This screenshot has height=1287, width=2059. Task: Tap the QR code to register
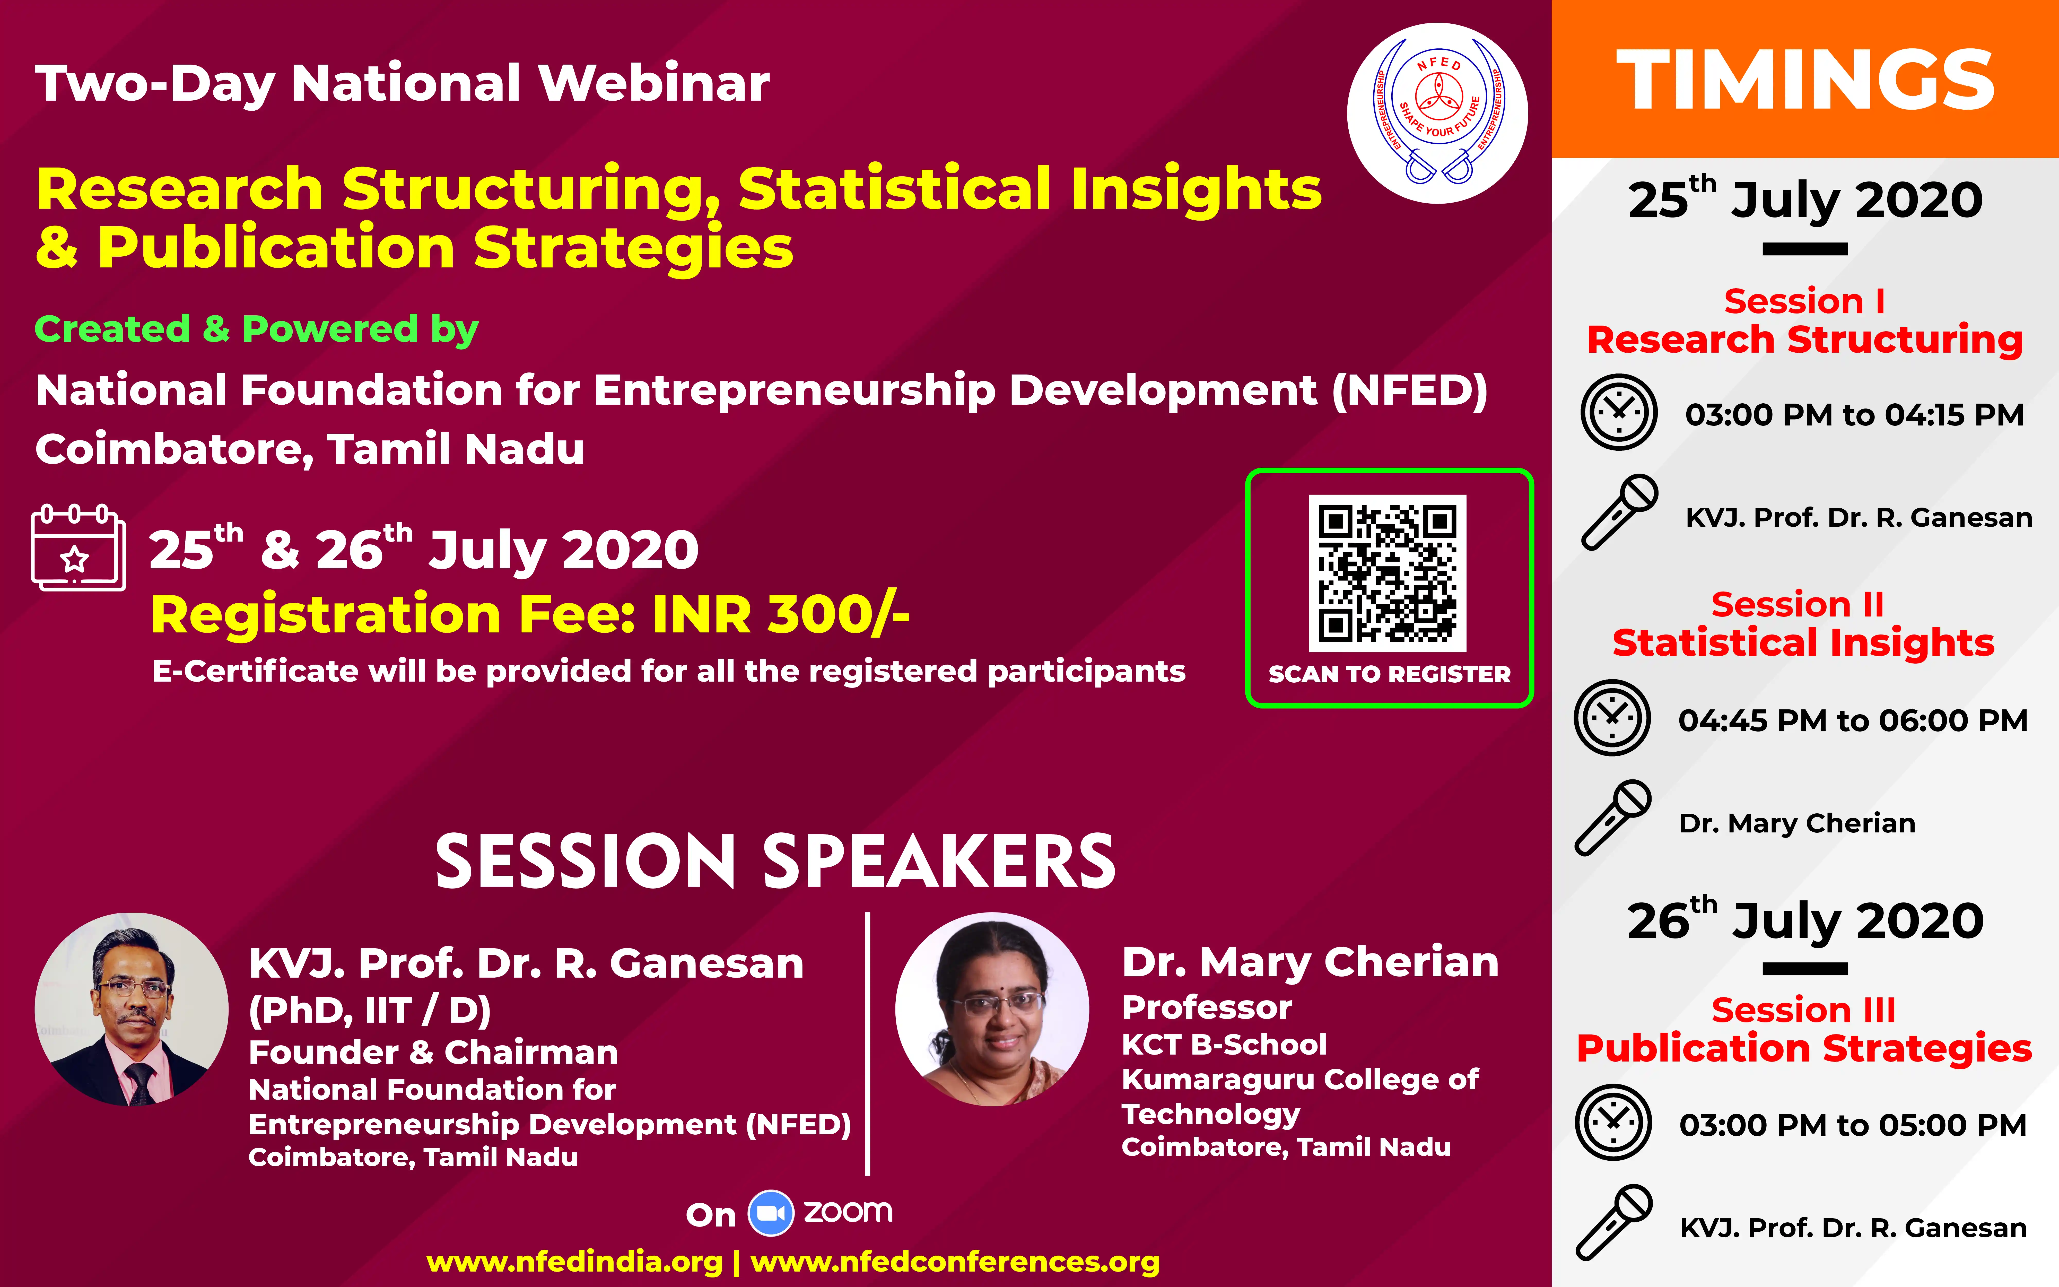[x=1388, y=573]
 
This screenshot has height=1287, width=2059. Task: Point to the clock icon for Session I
[x=1619, y=412]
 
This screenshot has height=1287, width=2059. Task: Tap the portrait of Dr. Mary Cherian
[x=992, y=1010]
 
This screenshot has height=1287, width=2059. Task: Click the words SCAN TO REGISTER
[x=1389, y=674]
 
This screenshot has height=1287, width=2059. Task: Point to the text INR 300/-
[x=781, y=614]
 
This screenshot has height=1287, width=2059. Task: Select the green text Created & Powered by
[x=256, y=329]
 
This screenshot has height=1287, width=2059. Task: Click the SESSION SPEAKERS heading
[x=775, y=862]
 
